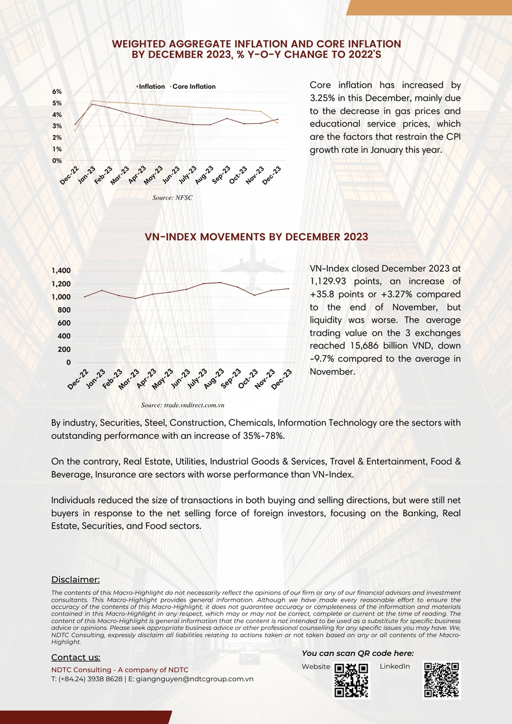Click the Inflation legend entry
tap(151, 86)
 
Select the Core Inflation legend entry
tap(193, 86)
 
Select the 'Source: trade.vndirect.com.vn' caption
tap(182, 404)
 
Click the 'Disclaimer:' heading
tap(75, 579)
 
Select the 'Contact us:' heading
tap(76, 658)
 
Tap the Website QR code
tap(351, 679)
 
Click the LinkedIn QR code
tap(441, 679)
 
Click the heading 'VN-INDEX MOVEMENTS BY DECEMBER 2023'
tap(256, 237)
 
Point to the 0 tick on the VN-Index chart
tap(68, 362)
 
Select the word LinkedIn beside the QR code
tap(395, 667)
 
